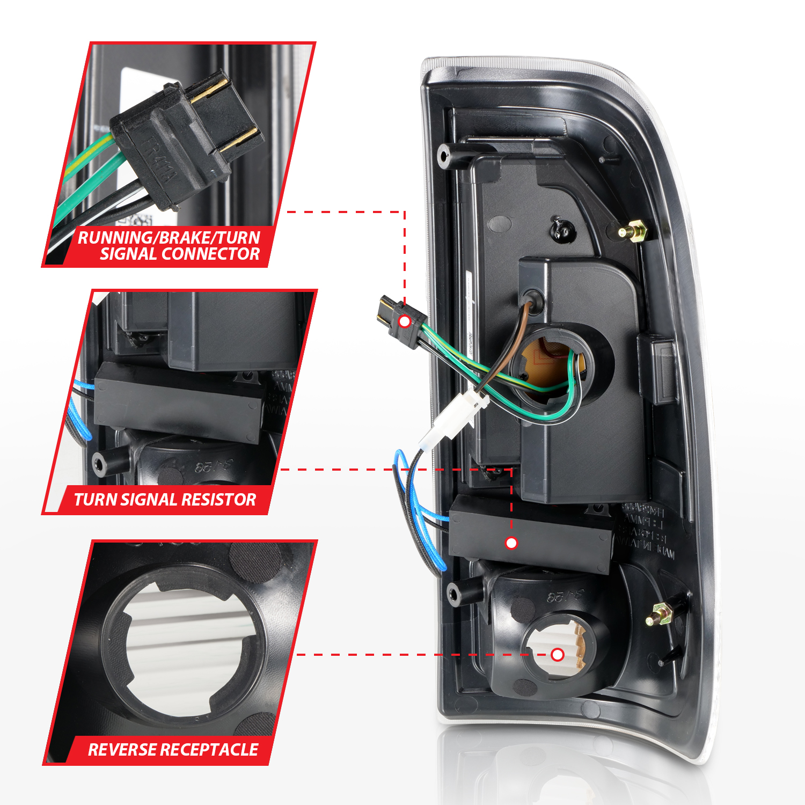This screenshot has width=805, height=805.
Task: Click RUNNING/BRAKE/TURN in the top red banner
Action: click(x=169, y=237)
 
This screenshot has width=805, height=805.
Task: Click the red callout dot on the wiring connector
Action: click(x=405, y=321)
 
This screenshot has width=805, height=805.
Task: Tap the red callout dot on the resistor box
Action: click(x=511, y=543)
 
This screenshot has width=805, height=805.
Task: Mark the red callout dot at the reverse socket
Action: click(x=558, y=654)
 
